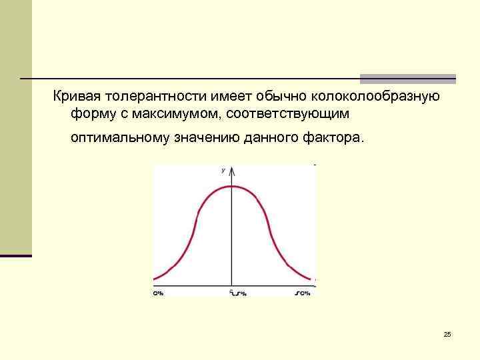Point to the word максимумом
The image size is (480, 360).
[x=175, y=115]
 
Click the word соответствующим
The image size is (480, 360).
[x=287, y=115]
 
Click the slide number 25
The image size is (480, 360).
[x=447, y=334]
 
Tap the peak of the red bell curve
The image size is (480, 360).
[x=231, y=186]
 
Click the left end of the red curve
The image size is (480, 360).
[x=155, y=279]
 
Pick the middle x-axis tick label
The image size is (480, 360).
[x=237, y=293]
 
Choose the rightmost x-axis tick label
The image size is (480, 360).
[x=303, y=293]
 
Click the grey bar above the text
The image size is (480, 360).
[x=408, y=78]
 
